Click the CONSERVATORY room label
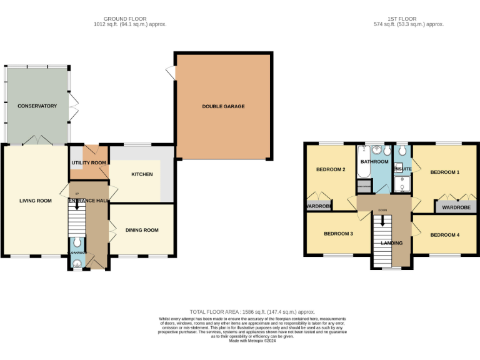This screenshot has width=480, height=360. coord(37,106)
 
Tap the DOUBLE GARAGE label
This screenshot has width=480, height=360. coord(223,107)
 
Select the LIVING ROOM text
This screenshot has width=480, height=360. coord(35,201)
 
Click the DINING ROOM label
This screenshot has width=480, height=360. coord(142,230)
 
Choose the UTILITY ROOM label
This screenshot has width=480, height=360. coord(88,162)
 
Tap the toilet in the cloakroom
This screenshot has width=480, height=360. coord(76,242)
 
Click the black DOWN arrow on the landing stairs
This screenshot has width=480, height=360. coord(382,221)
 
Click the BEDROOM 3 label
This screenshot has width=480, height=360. coord(338,234)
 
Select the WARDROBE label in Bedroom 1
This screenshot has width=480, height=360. coord(456,207)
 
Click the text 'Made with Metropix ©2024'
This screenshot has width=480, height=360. coord(252,341)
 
